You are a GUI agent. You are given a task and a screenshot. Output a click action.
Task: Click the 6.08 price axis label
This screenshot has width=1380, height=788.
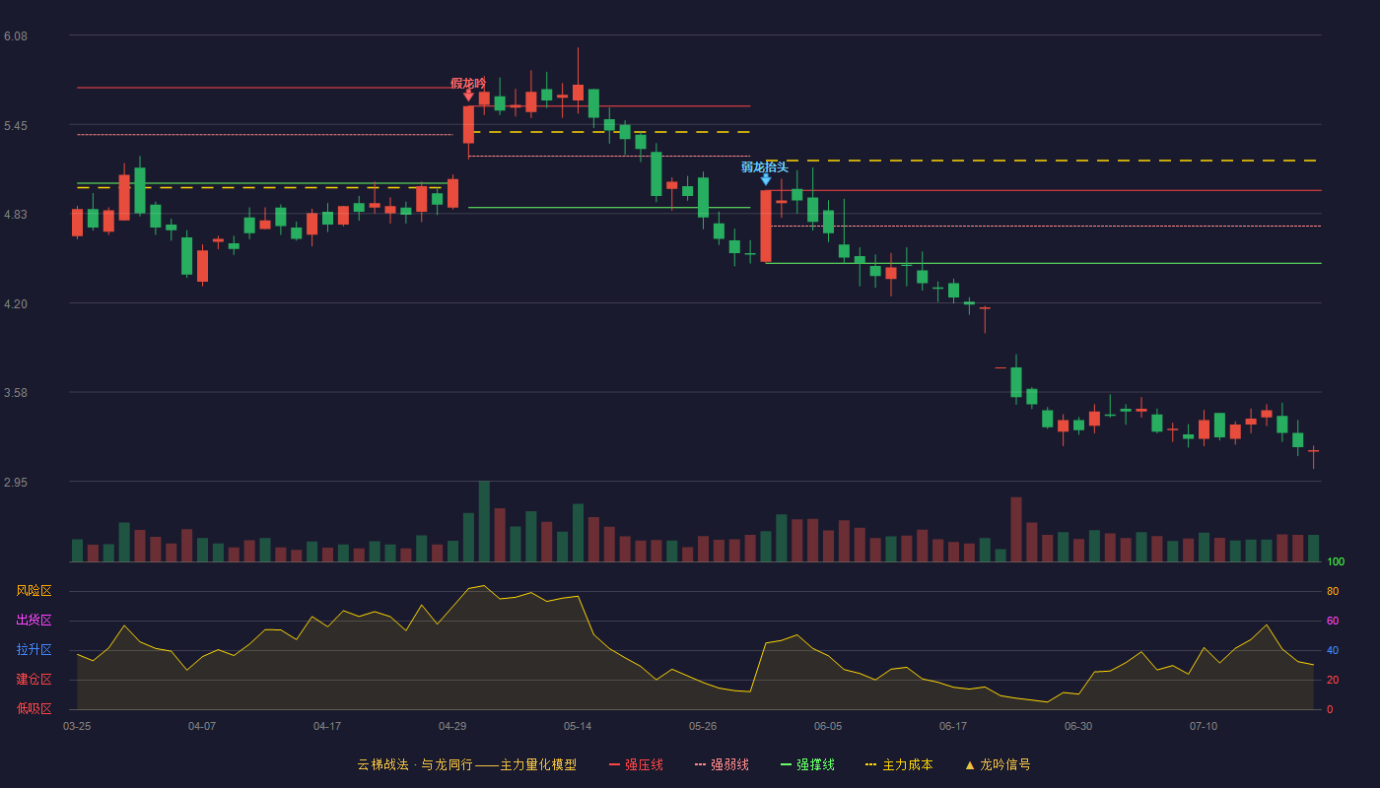click(x=16, y=36)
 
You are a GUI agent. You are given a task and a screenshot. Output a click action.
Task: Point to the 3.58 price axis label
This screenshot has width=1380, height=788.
click(x=16, y=393)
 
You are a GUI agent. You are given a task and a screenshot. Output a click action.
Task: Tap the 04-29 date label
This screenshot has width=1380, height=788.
click(x=452, y=727)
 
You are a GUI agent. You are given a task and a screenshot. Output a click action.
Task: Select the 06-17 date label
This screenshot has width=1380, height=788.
click(x=953, y=727)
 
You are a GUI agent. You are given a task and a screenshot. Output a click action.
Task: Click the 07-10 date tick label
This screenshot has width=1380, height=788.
click(x=1204, y=727)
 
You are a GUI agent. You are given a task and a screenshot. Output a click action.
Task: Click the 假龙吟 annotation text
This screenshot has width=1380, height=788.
click(x=468, y=83)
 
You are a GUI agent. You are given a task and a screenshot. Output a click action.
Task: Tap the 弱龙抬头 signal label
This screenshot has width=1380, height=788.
click(x=765, y=166)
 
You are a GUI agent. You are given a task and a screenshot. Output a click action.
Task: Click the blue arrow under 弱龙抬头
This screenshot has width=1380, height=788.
click(x=765, y=179)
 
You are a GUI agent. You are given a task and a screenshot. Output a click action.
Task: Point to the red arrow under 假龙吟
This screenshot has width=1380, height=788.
click(x=468, y=96)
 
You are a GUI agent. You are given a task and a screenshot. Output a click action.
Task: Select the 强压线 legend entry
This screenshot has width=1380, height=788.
click(x=636, y=764)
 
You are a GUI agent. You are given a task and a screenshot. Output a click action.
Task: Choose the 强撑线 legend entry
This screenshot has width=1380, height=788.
click(x=807, y=764)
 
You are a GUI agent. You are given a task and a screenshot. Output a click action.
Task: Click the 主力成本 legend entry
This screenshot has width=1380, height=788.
click(x=899, y=764)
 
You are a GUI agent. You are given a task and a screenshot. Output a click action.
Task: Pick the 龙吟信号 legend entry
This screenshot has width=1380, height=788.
click(x=998, y=764)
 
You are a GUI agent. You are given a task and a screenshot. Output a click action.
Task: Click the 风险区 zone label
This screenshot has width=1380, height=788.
click(x=34, y=591)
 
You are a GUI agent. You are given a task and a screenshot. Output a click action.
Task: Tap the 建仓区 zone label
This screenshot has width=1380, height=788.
click(x=34, y=680)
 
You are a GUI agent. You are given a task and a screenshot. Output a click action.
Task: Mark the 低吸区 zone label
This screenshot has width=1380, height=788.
click(x=34, y=709)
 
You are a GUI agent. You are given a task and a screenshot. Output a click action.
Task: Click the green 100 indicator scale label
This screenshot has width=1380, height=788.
click(x=1336, y=561)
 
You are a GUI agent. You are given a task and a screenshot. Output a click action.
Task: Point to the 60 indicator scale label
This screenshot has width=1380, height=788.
click(x=1333, y=621)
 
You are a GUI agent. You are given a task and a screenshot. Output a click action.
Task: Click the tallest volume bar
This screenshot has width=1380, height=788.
click(x=484, y=521)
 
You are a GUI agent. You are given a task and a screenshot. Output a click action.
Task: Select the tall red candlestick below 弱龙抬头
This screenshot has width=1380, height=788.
click(x=766, y=226)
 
